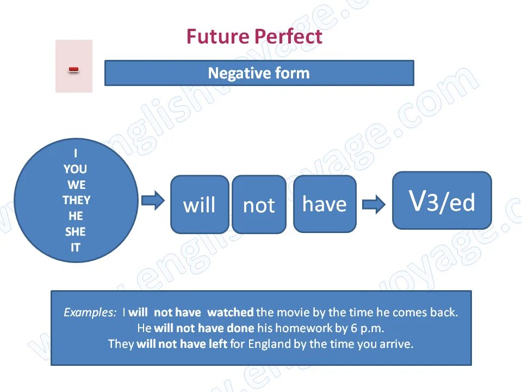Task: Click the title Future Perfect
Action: [254, 37]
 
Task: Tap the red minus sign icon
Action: [74, 69]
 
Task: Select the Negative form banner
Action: [259, 73]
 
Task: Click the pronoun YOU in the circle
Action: [75, 169]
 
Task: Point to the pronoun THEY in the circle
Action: [76, 200]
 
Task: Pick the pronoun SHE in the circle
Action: [76, 231]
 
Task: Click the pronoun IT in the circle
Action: [75, 247]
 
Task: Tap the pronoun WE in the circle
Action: [76, 185]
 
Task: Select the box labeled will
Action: [200, 205]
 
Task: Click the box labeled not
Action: [259, 205]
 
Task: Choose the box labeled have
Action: [325, 204]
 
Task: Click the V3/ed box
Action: [442, 200]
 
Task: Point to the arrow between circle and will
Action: [153, 200]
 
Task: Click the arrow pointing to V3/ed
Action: [374, 205]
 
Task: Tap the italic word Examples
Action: [90, 313]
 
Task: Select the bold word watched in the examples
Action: [231, 313]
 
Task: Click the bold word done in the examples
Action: [241, 328]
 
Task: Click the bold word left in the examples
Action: [217, 344]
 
